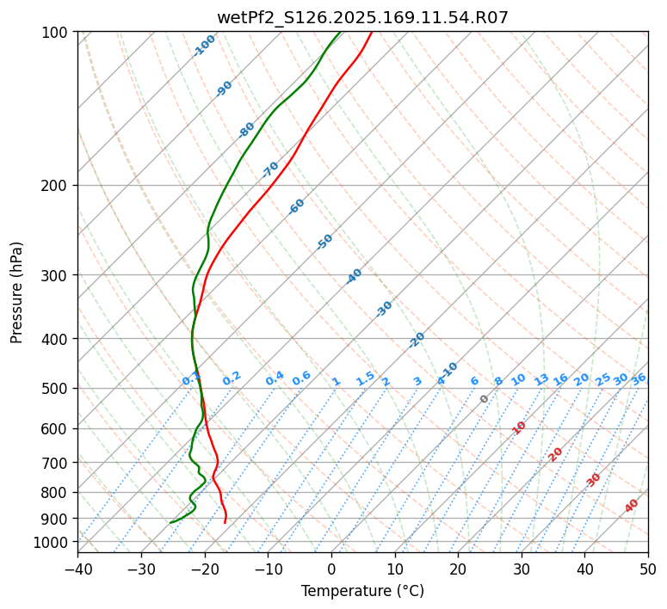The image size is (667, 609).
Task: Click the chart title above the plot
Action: [362, 17]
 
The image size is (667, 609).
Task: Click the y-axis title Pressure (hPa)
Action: [17, 292]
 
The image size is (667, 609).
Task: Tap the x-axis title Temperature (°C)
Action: [362, 592]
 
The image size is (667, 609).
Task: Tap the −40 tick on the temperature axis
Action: [77, 569]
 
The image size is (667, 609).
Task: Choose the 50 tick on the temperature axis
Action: [648, 569]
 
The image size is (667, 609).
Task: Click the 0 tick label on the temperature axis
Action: [331, 569]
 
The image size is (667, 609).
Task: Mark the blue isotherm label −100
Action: [204, 46]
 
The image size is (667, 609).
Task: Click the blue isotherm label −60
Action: [297, 206]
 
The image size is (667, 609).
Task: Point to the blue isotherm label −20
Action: [417, 340]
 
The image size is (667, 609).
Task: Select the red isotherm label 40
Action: [632, 506]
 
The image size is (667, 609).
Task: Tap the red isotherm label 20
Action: [556, 453]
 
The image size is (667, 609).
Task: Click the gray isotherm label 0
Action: [485, 399]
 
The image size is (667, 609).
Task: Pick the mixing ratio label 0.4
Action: [275, 379]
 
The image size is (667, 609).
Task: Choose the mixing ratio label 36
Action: [639, 379]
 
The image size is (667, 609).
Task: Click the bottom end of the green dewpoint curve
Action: [170, 522]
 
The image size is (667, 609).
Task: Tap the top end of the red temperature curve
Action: [372, 32]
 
